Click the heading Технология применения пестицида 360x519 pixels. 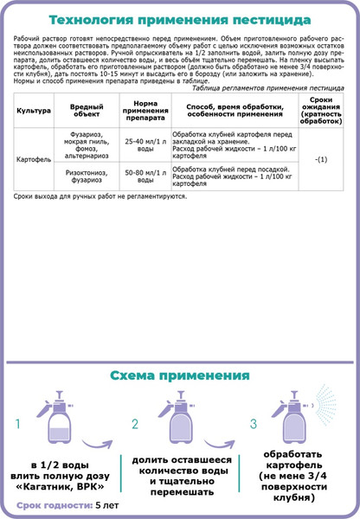pyautogui.click(x=180, y=20)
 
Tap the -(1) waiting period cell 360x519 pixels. pyautogui.click(x=320, y=161)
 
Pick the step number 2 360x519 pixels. pyautogui.click(x=135, y=425)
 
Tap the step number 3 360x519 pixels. pyautogui.click(x=253, y=425)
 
